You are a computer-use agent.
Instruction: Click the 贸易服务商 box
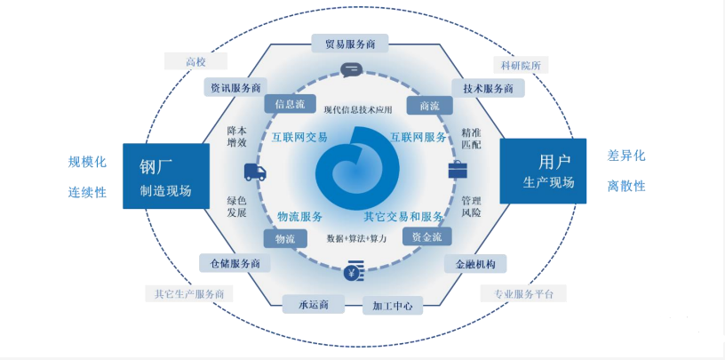(350, 44)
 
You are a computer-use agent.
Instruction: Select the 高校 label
(195, 61)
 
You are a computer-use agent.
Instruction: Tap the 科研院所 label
(520, 65)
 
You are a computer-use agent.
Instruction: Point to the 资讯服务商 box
(235, 87)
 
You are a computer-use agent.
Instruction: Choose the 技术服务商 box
(488, 88)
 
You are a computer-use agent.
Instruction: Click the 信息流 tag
(291, 104)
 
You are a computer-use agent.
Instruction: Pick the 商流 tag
(429, 106)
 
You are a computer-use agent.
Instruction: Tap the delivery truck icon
(255, 172)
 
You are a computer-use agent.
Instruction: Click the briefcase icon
(458, 170)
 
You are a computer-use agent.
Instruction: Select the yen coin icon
(354, 271)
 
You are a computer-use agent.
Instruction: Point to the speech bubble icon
(352, 70)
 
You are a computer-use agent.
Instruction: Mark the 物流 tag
(285, 239)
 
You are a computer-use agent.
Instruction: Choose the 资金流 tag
(426, 236)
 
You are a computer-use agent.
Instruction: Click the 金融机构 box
(475, 264)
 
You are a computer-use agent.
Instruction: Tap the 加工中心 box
(393, 306)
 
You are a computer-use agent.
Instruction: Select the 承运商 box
(314, 304)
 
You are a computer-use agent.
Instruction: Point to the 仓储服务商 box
(235, 263)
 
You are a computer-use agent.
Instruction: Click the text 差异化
(626, 156)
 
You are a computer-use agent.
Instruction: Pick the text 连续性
(87, 192)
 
